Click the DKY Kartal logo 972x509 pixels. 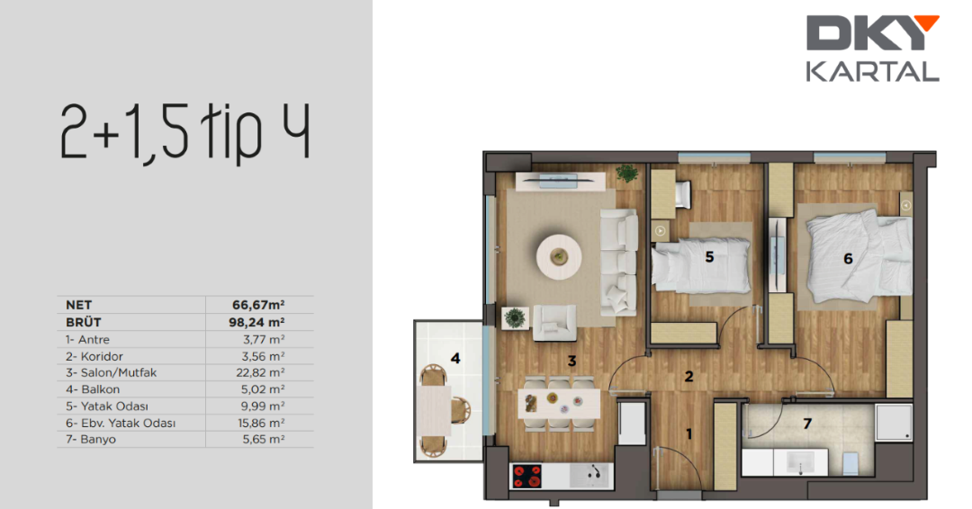873,49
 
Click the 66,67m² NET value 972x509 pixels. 258,305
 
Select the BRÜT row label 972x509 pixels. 83,322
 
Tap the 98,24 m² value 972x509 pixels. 256,322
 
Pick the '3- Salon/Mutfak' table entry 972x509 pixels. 112,373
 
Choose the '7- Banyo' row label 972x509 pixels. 91,439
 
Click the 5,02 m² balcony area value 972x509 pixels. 264,389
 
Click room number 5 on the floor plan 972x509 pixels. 710,257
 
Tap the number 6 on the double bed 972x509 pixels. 848,259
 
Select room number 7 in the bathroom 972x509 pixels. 807,424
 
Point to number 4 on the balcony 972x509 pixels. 455,358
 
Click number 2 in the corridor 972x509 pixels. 688,376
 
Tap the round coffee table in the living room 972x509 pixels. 559,255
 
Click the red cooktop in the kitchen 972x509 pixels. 526,477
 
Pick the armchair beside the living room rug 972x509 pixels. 554,323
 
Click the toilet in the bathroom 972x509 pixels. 850,463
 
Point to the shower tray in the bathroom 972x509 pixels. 894,423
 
